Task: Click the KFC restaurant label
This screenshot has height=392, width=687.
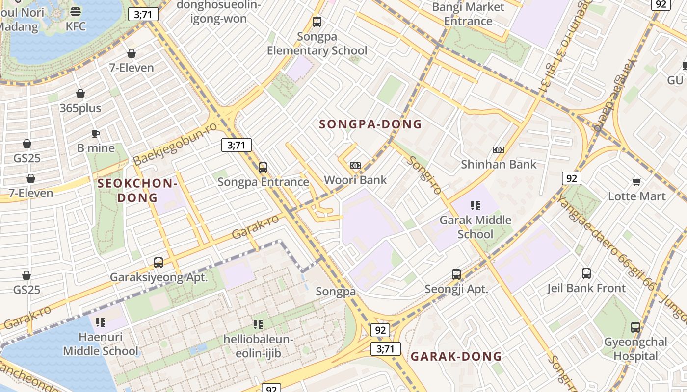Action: [x=76, y=26]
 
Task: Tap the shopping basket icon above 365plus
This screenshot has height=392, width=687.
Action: [x=80, y=94]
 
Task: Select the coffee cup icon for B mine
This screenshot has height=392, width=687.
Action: [x=96, y=134]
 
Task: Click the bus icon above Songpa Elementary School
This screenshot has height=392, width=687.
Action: [x=317, y=22]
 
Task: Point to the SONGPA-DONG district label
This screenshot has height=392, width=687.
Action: [x=370, y=124]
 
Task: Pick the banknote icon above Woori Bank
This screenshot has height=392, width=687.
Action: [x=355, y=166]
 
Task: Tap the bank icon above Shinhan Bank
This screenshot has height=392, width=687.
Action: [x=499, y=150]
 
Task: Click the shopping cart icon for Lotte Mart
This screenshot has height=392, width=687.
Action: [x=636, y=182]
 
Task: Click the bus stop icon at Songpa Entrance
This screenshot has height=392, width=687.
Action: [x=263, y=168]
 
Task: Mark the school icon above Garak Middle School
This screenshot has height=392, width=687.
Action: [x=475, y=206]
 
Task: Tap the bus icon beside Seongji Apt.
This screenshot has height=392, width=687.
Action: [x=456, y=274]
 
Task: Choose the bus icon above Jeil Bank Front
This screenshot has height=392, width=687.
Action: [x=586, y=273]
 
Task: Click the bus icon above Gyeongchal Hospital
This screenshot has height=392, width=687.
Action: [x=635, y=327]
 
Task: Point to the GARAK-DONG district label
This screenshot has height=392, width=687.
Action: [x=456, y=357]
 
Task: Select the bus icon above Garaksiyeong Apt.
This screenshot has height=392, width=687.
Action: [x=159, y=263]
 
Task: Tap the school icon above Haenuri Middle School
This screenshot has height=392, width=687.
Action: [x=101, y=322]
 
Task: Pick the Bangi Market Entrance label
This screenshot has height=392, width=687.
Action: [x=468, y=14]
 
